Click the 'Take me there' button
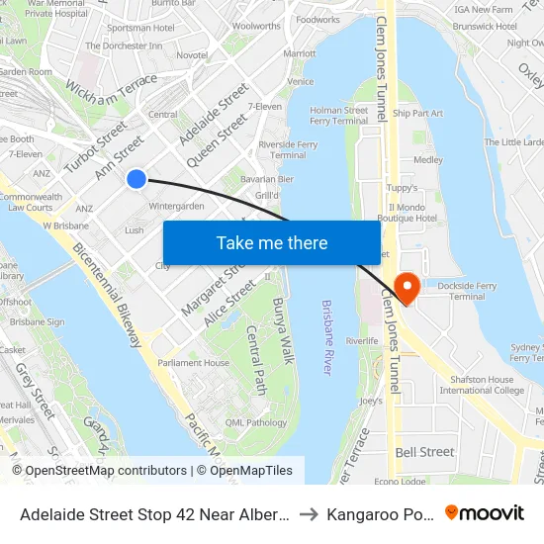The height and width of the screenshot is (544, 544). (272, 242)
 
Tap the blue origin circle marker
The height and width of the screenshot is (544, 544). (136, 178)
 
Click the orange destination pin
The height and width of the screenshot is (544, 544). (406, 288)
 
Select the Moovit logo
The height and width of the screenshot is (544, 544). (485, 512)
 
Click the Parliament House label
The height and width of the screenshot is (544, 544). (194, 363)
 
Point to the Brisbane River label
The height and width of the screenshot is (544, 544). (326, 336)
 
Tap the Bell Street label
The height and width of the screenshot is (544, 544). (425, 452)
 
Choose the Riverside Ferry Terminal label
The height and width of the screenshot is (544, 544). (288, 149)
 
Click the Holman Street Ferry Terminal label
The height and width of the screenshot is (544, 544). (339, 116)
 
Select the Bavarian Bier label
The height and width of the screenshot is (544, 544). (265, 179)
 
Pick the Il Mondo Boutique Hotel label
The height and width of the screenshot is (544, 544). (413, 213)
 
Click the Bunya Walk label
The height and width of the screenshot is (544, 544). (284, 330)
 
